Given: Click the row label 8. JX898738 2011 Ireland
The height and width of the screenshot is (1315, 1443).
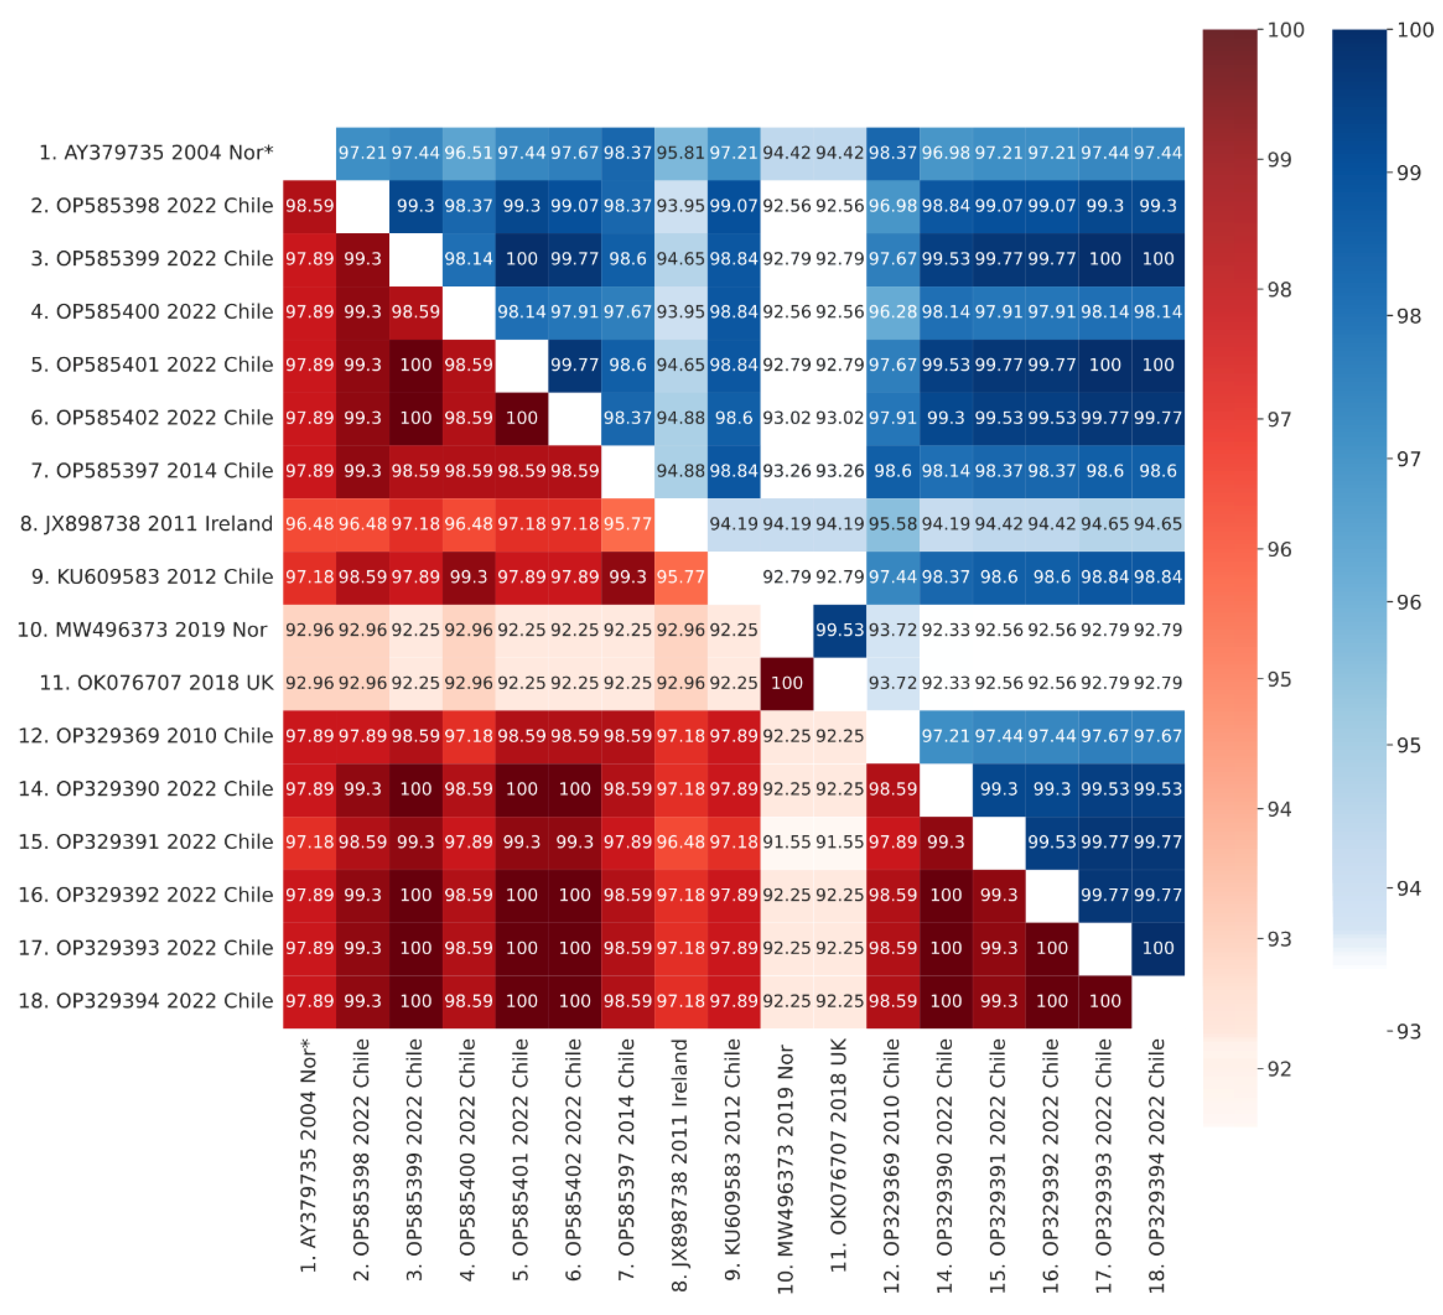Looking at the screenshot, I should pos(147,524).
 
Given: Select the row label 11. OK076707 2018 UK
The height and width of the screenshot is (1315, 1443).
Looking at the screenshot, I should pos(156,683).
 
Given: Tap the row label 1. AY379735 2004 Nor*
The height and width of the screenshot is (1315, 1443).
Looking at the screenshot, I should pos(156,152).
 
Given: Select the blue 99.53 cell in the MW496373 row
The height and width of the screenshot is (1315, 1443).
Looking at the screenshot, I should pos(840,630).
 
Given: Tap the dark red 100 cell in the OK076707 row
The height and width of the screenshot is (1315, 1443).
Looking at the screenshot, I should pos(786,683).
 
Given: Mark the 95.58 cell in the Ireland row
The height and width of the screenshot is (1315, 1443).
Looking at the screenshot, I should pos(892,524).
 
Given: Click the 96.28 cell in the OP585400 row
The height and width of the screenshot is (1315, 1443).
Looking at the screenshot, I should pos(892,312).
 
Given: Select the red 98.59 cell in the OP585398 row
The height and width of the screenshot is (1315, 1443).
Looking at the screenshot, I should pos(309,206).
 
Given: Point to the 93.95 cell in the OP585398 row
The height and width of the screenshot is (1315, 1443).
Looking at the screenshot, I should pos(680,206).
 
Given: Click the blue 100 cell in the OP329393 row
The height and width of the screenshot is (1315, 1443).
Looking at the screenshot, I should pos(1157,948).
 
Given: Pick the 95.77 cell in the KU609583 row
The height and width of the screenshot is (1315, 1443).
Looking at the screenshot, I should pos(680,577).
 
